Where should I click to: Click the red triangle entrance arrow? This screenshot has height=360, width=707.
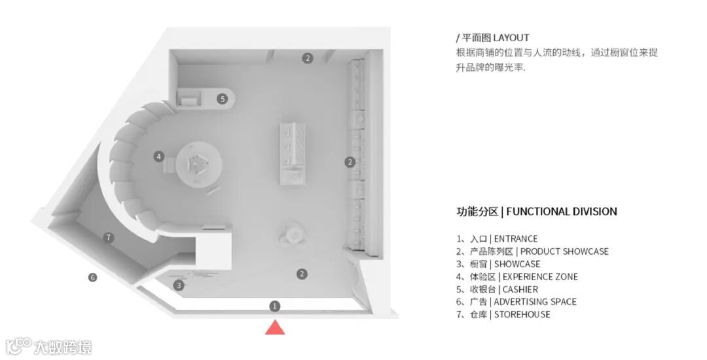[275, 327]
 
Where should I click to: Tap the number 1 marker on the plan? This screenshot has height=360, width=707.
[275, 306]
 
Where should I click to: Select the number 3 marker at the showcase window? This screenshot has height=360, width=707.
[179, 285]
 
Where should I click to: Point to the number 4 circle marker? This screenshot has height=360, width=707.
[158, 156]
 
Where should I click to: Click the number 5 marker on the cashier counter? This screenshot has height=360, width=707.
[223, 99]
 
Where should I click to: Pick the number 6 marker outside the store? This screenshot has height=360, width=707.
[93, 278]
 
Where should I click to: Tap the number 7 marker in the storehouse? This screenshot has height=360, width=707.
[109, 238]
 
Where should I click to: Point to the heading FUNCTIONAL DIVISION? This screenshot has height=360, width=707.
[562, 211]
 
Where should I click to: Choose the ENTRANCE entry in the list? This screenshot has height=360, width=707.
[516, 239]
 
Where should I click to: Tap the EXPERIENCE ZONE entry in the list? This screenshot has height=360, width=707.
[540, 277]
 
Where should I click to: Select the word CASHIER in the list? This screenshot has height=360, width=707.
[520, 289]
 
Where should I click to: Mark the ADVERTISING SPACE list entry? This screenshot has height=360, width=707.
[535, 302]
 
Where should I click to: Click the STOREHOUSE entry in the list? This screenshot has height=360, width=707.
[522, 314]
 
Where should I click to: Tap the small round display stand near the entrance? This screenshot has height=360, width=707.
[293, 233]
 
